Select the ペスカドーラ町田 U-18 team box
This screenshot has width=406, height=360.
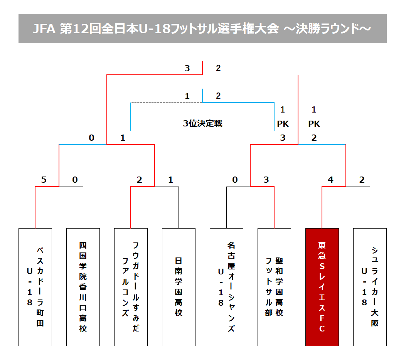(x=35, y=287)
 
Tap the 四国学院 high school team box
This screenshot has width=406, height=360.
(x=83, y=287)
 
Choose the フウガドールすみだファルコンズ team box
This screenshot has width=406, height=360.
(x=131, y=287)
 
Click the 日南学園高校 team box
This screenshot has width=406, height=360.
(x=179, y=287)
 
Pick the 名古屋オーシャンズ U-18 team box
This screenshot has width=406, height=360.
(x=226, y=287)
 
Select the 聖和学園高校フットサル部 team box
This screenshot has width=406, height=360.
(x=274, y=287)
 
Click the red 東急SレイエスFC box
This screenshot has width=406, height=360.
(x=322, y=287)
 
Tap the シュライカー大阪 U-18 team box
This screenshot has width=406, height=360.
(x=370, y=287)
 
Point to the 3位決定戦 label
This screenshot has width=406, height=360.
(x=202, y=124)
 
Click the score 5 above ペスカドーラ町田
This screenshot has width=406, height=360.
(x=44, y=180)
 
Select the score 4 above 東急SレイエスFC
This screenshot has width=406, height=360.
(x=330, y=180)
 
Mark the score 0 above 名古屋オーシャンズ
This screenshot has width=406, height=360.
(x=235, y=180)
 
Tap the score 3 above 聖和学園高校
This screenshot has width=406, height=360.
(x=266, y=180)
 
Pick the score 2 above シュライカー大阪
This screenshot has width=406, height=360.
(x=362, y=180)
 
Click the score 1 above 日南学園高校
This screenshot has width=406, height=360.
(x=170, y=180)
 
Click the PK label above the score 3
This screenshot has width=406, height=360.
(x=283, y=124)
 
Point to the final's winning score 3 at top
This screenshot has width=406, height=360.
(x=187, y=69)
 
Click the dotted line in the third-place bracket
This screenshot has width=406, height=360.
(x=166, y=103)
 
